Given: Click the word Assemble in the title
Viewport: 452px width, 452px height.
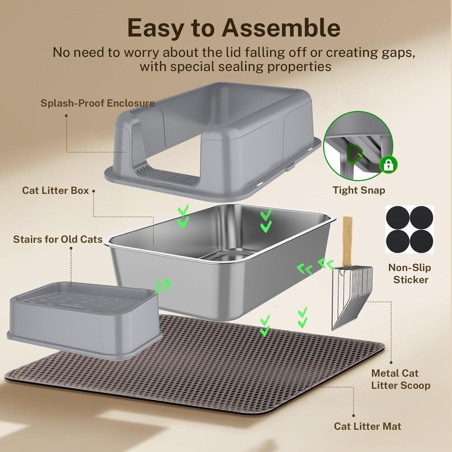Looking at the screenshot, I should click(x=281, y=28).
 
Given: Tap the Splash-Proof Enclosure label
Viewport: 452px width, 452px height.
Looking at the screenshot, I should click(x=98, y=103).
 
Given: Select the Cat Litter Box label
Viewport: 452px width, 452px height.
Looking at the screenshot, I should click(x=55, y=191).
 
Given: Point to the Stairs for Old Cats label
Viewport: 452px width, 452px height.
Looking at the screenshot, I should click(x=58, y=239).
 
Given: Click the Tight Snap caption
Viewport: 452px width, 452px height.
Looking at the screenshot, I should click(x=359, y=190).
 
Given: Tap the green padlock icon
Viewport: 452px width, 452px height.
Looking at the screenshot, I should click(x=388, y=165).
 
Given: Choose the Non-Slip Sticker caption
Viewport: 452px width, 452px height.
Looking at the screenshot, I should click(x=410, y=273).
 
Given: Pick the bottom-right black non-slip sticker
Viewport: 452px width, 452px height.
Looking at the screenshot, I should click(x=421, y=241).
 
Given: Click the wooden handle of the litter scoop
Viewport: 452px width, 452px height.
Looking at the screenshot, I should click(x=347, y=241).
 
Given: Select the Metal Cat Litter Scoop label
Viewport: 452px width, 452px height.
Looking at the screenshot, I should click(x=400, y=379).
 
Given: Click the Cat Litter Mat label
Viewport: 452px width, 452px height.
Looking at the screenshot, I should click(x=367, y=426).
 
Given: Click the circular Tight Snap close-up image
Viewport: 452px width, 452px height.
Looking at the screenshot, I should click(x=358, y=146).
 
